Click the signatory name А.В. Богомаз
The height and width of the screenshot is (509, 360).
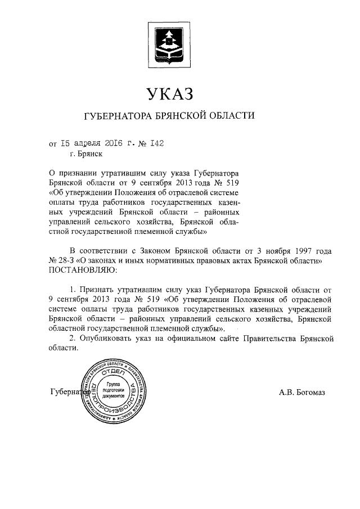tap(302, 392)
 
